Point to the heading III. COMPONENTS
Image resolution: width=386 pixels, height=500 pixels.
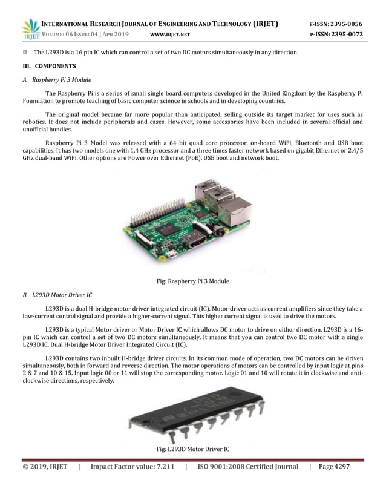click(x=50, y=65)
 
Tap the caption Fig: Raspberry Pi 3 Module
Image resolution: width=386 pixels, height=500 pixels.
click(x=193, y=281)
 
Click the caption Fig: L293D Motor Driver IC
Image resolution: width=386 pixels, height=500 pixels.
click(x=193, y=449)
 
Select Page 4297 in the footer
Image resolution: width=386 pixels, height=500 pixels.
click(x=333, y=467)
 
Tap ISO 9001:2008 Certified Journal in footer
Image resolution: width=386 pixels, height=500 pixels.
click(x=248, y=467)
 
